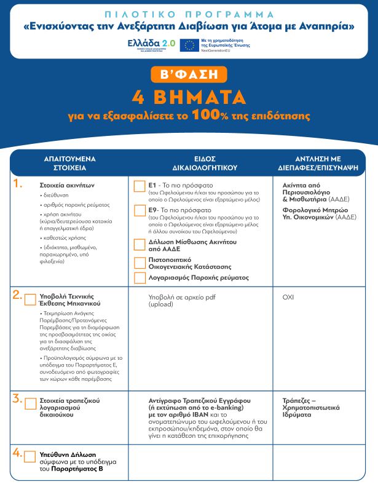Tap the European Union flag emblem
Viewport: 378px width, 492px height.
coord(189,45)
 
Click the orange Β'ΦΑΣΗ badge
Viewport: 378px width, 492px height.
coord(189,74)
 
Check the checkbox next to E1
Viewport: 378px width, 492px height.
coord(140,186)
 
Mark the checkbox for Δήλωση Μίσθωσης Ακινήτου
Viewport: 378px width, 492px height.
coord(140,244)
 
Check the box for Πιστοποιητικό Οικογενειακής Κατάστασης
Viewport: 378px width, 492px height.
coord(140,263)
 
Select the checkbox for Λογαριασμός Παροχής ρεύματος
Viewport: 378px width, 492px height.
coord(140,278)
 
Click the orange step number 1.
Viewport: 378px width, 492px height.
coord(18,184)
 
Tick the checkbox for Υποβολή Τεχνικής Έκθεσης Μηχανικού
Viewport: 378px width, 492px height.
coord(30,300)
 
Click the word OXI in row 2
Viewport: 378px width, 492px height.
coord(288,296)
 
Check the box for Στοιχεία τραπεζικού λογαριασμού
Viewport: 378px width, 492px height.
coord(30,403)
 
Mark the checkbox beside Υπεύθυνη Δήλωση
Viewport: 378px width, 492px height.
coord(30,456)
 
